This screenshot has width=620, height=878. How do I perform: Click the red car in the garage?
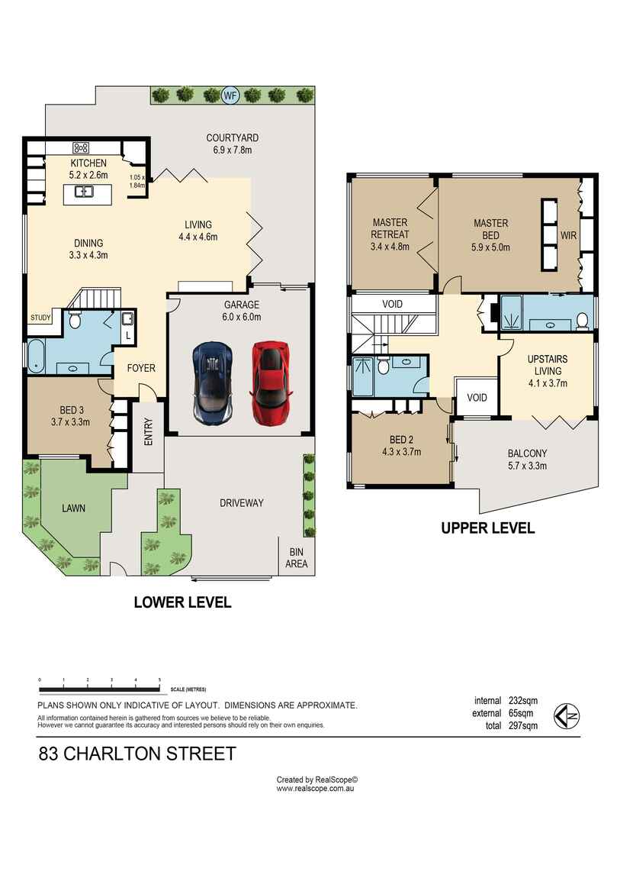click(271, 383)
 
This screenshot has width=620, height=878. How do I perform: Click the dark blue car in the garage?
click(212, 383)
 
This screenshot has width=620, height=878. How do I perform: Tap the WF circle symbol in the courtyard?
click(230, 95)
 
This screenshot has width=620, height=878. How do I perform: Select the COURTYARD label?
click(232, 137)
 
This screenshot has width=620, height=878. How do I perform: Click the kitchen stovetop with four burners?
click(81, 147)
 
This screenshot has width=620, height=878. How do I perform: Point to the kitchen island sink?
click(84, 192)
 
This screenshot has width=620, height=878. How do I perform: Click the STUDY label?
click(40, 318)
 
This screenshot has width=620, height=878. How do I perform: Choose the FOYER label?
click(141, 368)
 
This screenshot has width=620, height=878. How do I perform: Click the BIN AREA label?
click(297, 557)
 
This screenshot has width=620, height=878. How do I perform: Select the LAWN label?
click(73, 508)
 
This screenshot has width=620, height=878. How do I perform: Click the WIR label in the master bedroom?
click(569, 236)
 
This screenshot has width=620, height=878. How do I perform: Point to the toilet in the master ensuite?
click(582, 321)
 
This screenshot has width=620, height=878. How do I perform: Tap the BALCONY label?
click(527, 454)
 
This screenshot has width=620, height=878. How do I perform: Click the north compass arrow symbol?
click(567, 715)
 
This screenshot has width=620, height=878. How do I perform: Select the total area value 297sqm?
click(523, 726)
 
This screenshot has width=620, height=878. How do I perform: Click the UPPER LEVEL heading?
click(488, 528)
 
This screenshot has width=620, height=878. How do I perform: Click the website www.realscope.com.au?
click(315, 789)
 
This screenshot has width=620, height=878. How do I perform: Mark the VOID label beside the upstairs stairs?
click(392, 304)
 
